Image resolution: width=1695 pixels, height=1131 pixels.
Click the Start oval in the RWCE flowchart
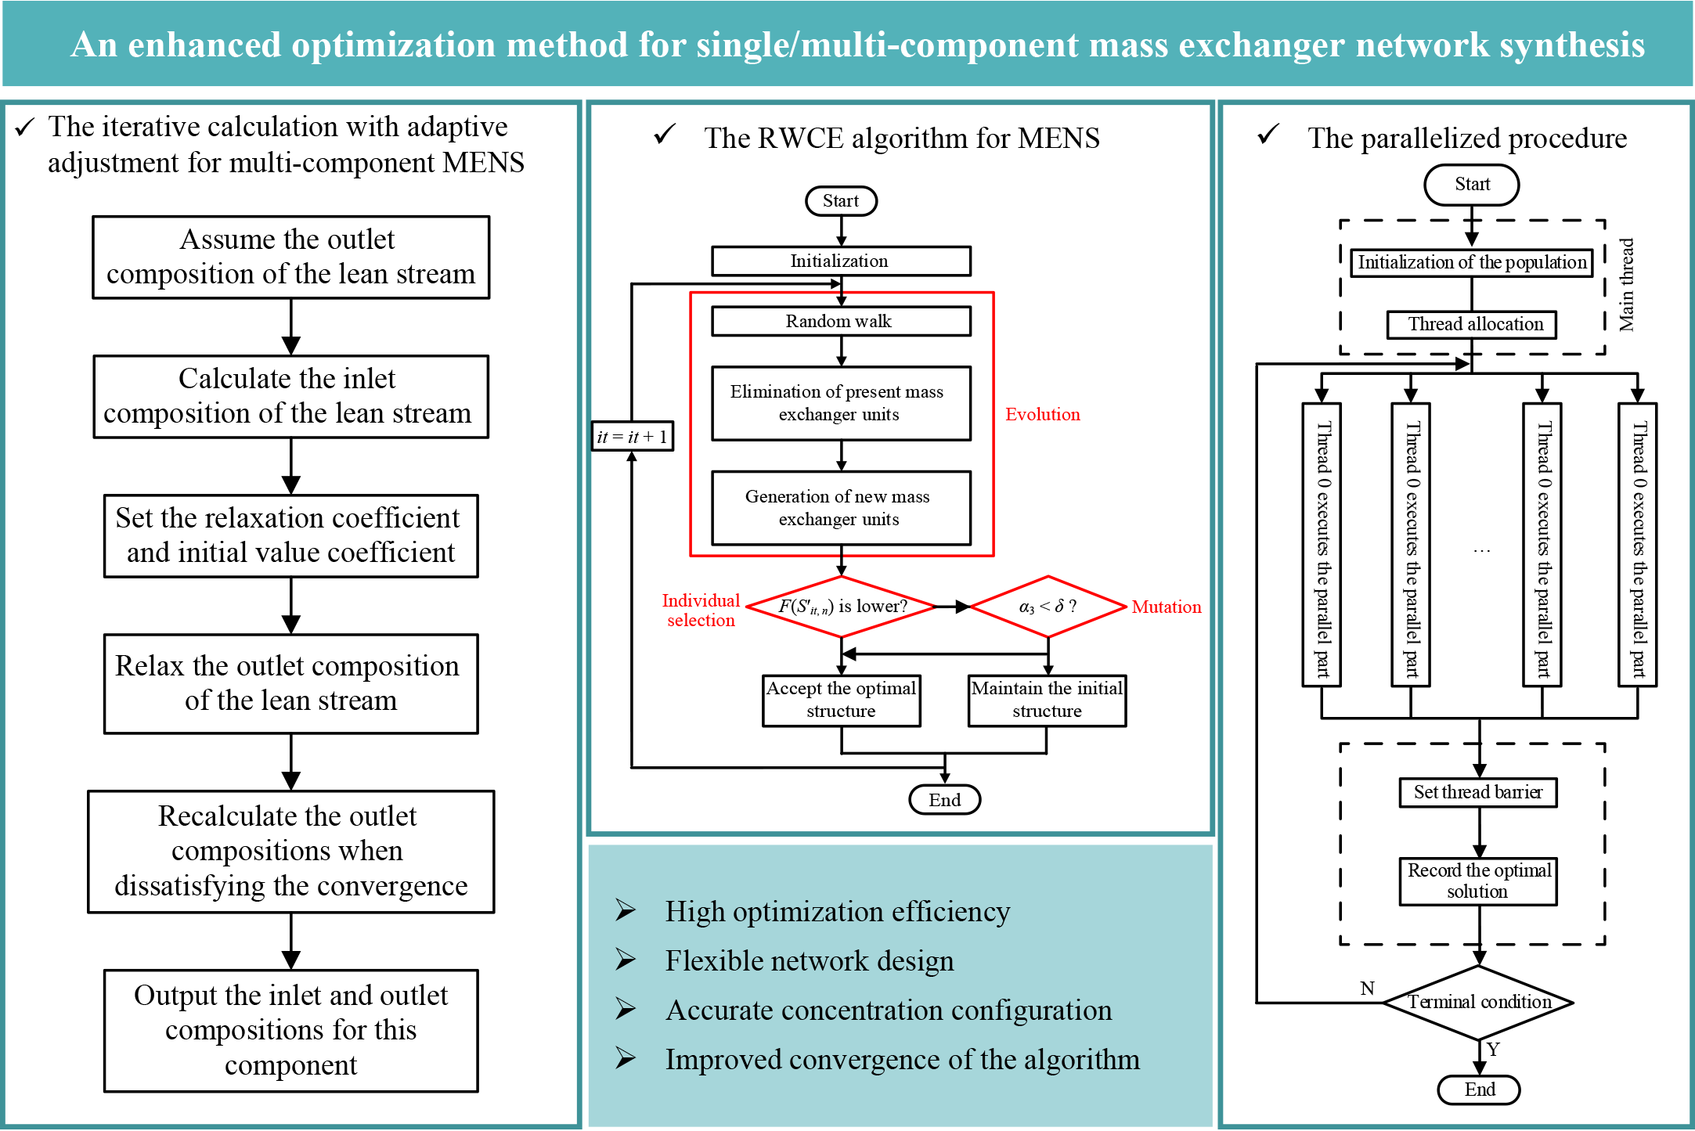[x=841, y=201]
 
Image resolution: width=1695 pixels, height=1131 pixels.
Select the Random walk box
[x=841, y=321]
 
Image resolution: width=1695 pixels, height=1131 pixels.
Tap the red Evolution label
[x=1042, y=415]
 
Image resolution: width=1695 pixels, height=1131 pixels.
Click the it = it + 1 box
[x=632, y=437]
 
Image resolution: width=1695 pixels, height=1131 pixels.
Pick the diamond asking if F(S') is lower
[x=842, y=607]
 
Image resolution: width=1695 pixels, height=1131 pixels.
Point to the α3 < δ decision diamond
[x=1048, y=607]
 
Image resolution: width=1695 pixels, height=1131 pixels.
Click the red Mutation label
[x=1166, y=607]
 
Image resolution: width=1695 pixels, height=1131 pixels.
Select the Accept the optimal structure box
[x=842, y=700]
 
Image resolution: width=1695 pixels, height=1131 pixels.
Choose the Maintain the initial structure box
[x=1047, y=700]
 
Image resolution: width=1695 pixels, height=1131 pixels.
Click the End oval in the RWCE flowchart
[x=944, y=800]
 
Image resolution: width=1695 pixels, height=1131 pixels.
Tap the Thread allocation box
[x=1472, y=324]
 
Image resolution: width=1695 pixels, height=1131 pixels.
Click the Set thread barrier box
[x=1478, y=792]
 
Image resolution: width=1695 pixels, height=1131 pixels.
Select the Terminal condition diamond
[x=1479, y=1002]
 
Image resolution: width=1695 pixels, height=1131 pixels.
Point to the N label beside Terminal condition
[x=1367, y=989]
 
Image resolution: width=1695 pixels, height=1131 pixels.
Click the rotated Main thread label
[x=1627, y=285]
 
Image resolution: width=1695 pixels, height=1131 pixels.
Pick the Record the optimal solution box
[x=1478, y=881]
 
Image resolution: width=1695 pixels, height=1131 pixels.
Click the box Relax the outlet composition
[x=290, y=683]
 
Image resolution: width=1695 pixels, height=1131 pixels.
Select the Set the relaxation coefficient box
[x=290, y=535]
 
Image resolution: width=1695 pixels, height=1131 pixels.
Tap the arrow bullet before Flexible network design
[x=625, y=960]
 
